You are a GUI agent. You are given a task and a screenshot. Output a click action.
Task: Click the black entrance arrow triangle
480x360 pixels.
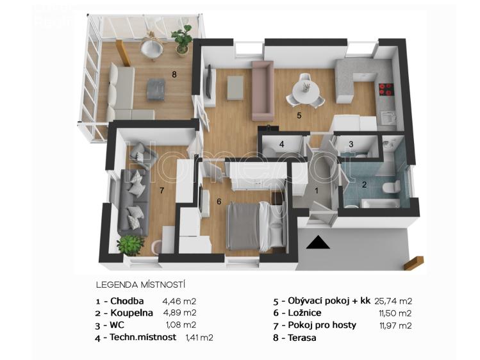(x=317, y=242)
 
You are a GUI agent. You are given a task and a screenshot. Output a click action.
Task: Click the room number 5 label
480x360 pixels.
(x=299, y=116)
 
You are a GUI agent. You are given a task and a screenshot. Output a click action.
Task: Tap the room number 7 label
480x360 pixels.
(x=162, y=190)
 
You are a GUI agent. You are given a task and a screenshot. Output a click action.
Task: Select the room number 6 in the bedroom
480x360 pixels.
(x=219, y=202)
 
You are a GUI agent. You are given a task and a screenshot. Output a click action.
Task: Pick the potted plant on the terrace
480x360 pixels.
(x=183, y=38)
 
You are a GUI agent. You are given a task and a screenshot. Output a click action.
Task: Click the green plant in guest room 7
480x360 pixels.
(x=131, y=244)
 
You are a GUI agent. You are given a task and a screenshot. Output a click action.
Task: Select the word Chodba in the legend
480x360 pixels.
(x=127, y=300)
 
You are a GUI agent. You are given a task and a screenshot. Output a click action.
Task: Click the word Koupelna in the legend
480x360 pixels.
(x=131, y=313)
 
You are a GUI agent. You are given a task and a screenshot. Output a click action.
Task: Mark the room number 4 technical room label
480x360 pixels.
(x=281, y=144)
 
